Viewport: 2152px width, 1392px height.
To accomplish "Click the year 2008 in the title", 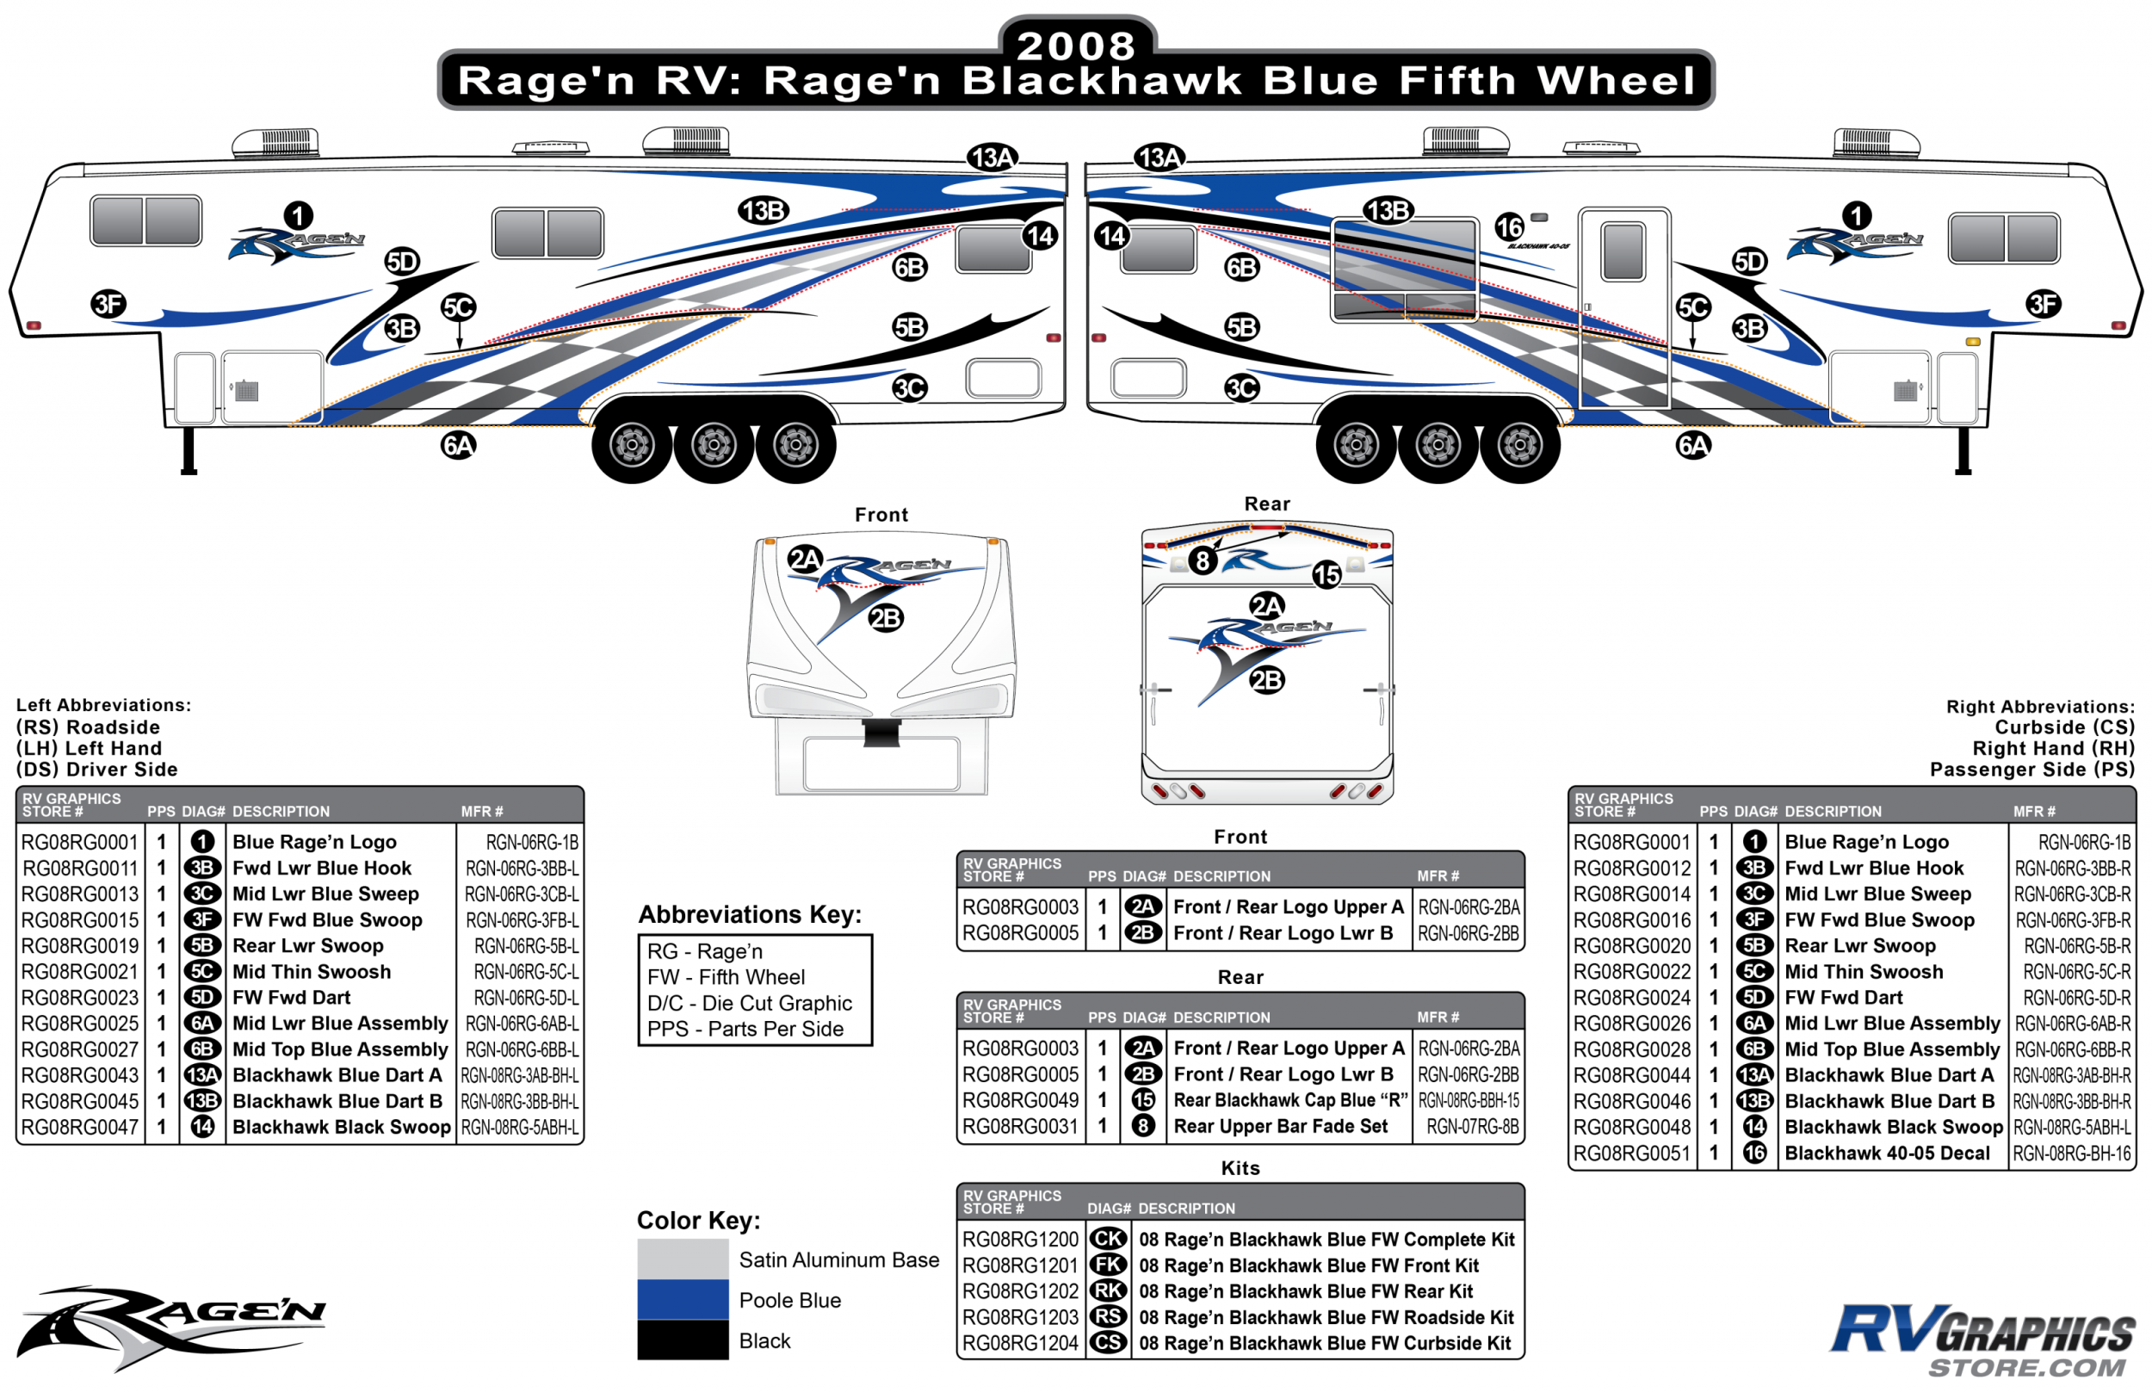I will [x=1074, y=45].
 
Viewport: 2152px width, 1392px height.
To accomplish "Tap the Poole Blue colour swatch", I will [x=683, y=1299].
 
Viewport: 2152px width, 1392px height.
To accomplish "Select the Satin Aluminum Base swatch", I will [x=683, y=1259].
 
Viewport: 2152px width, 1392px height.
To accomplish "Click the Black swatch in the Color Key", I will [x=683, y=1339].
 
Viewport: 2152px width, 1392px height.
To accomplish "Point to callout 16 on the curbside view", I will [x=1508, y=227].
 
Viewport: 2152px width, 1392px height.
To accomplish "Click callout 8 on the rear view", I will [x=1201, y=560].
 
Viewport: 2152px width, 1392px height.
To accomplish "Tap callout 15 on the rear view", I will [x=1326, y=574].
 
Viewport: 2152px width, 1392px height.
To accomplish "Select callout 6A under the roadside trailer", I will [x=458, y=445].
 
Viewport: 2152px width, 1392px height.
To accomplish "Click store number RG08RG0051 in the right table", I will [x=1630, y=1154].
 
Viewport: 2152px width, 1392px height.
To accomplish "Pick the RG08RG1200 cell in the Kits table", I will [x=1019, y=1240].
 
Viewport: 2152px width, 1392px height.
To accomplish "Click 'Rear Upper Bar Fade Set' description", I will [x=1280, y=1126].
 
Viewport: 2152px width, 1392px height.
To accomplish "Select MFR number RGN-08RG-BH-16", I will [x=2072, y=1154].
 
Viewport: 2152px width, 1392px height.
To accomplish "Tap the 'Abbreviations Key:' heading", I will [x=749, y=915].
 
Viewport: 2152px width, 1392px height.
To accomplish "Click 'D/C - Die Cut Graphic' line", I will [x=749, y=1004].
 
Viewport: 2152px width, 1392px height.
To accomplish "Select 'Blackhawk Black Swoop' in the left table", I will [x=341, y=1127].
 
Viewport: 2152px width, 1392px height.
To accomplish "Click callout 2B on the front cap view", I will [x=885, y=618].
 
